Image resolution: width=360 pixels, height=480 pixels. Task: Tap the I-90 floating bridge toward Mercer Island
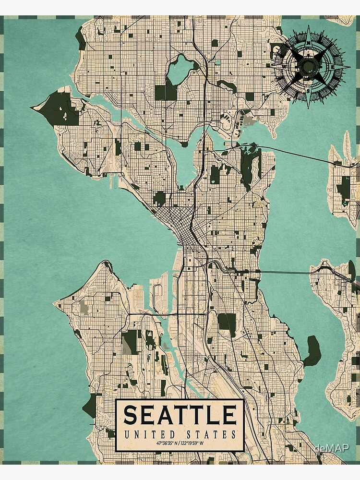[x=288, y=272]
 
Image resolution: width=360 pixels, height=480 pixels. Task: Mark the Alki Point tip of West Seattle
[x=57, y=303]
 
